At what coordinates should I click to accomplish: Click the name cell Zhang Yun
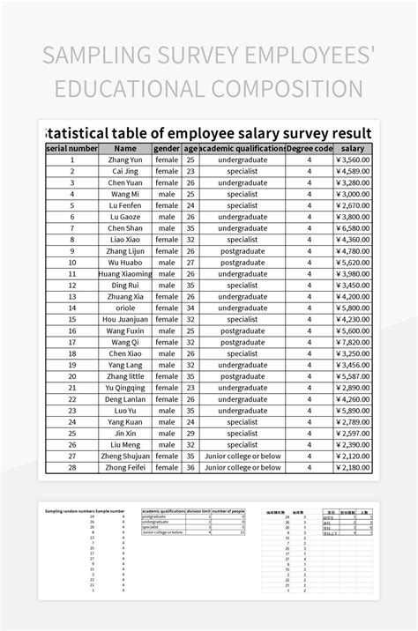(124, 160)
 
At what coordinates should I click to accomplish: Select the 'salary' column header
(352, 149)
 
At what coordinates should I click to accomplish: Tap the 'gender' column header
(167, 149)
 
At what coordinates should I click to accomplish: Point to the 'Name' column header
(124, 149)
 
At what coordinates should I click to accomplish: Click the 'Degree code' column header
(310, 149)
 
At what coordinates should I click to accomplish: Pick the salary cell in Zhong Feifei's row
(352, 467)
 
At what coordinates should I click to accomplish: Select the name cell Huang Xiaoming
(124, 274)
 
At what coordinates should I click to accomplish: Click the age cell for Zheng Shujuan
(190, 456)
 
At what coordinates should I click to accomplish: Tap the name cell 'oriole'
(124, 308)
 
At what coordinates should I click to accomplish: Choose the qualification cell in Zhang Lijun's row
(243, 251)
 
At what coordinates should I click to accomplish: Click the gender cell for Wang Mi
(167, 194)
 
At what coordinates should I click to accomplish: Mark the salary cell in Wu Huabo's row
(352, 263)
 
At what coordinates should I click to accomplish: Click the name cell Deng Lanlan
(124, 399)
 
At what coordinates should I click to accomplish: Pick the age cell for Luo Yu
(190, 411)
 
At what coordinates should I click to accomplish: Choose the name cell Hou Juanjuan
(124, 319)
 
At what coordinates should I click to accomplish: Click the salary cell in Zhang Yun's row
(352, 160)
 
